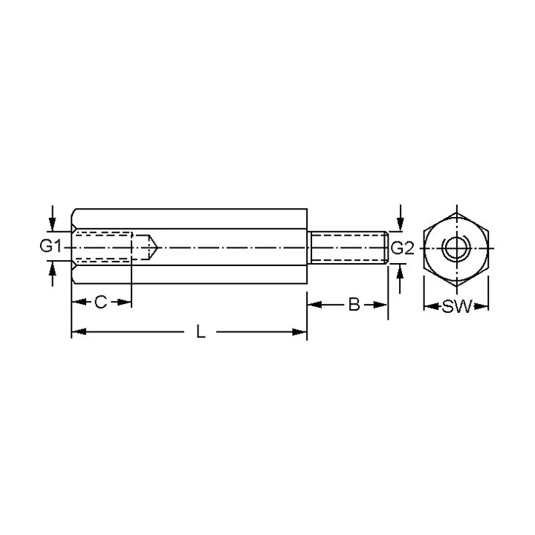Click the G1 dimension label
(51, 246)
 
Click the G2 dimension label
(402, 248)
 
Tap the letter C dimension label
(100, 302)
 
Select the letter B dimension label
(354, 305)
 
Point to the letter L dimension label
(201, 331)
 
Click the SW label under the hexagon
(456, 306)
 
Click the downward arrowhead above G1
(52, 224)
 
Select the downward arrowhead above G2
(401, 225)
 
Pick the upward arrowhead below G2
(401, 270)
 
